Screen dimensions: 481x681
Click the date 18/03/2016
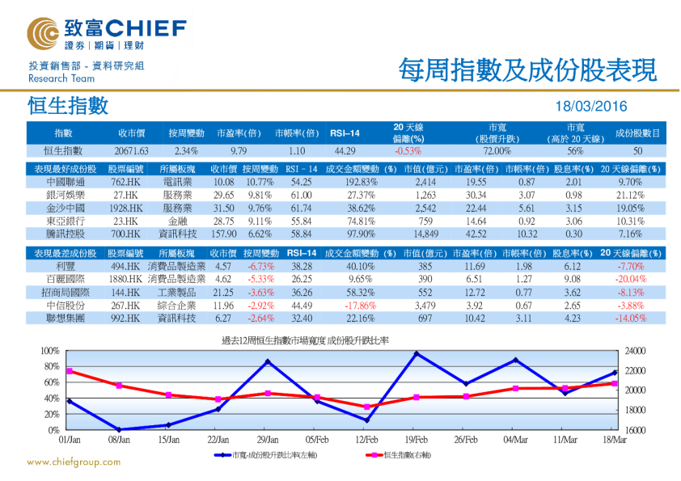click(590, 107)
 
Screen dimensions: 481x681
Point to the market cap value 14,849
click(425, 234)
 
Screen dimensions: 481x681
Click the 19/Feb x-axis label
click(416, 440)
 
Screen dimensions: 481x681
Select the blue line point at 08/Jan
click(119, 429)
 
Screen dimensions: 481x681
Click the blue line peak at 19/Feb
click(417, 353)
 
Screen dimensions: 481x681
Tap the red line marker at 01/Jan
click(70, 371)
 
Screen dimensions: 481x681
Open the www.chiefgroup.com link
click(74, 462)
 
